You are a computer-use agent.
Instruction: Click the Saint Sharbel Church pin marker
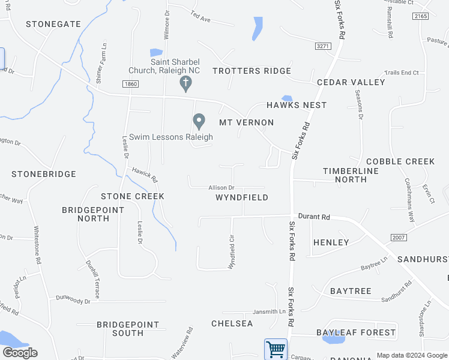186,83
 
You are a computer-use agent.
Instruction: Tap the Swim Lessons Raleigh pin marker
199,122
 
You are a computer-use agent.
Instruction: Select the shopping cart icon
276,349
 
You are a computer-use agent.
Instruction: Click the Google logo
20,353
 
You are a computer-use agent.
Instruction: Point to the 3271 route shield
323,46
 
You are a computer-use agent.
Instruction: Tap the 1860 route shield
130,83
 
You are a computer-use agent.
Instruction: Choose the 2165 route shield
421,16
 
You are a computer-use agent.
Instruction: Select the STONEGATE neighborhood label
53,24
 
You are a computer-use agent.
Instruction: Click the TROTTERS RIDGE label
252,71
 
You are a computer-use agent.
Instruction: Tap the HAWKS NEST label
297,105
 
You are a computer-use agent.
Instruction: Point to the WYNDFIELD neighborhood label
241,197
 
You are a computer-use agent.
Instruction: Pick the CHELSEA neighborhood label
232,323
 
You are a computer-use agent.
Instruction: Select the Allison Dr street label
221,188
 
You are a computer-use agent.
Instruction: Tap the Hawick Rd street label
145,175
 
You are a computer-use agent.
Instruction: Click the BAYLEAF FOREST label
356,332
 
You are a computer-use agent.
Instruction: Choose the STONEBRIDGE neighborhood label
44,174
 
